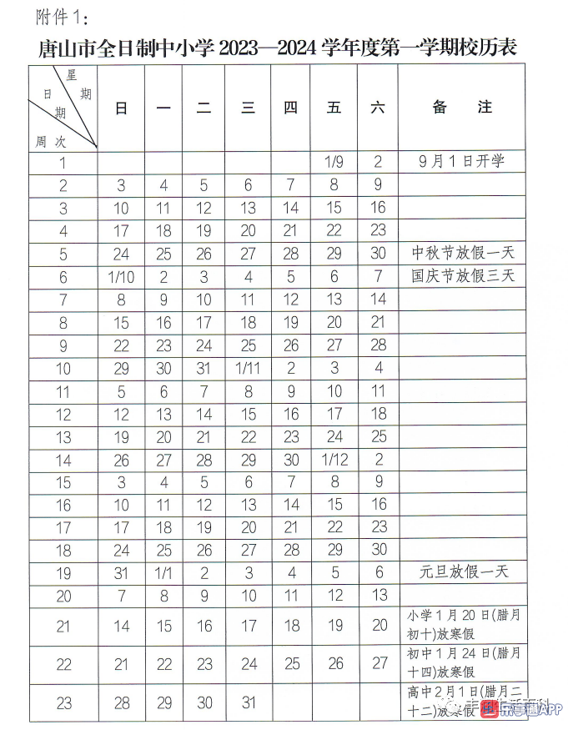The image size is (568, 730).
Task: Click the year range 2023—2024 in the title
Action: (269, 48)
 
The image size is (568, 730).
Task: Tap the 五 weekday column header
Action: (334, 108)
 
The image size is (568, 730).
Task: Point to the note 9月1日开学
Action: (462, 161)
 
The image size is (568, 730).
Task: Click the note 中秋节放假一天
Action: (463, 253)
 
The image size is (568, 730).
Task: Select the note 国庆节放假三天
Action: (463, 275)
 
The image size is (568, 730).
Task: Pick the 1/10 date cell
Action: (122, 277)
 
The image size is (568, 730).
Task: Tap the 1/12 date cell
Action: (334, 459)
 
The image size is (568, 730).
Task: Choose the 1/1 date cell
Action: (164, 572)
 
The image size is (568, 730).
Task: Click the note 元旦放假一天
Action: (463, 572)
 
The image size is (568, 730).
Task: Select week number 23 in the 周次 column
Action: (64, 703)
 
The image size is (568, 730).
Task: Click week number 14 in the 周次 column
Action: (64, 460)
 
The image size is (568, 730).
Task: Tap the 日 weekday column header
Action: (122, 108)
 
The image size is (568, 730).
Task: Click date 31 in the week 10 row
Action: (204, 368)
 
